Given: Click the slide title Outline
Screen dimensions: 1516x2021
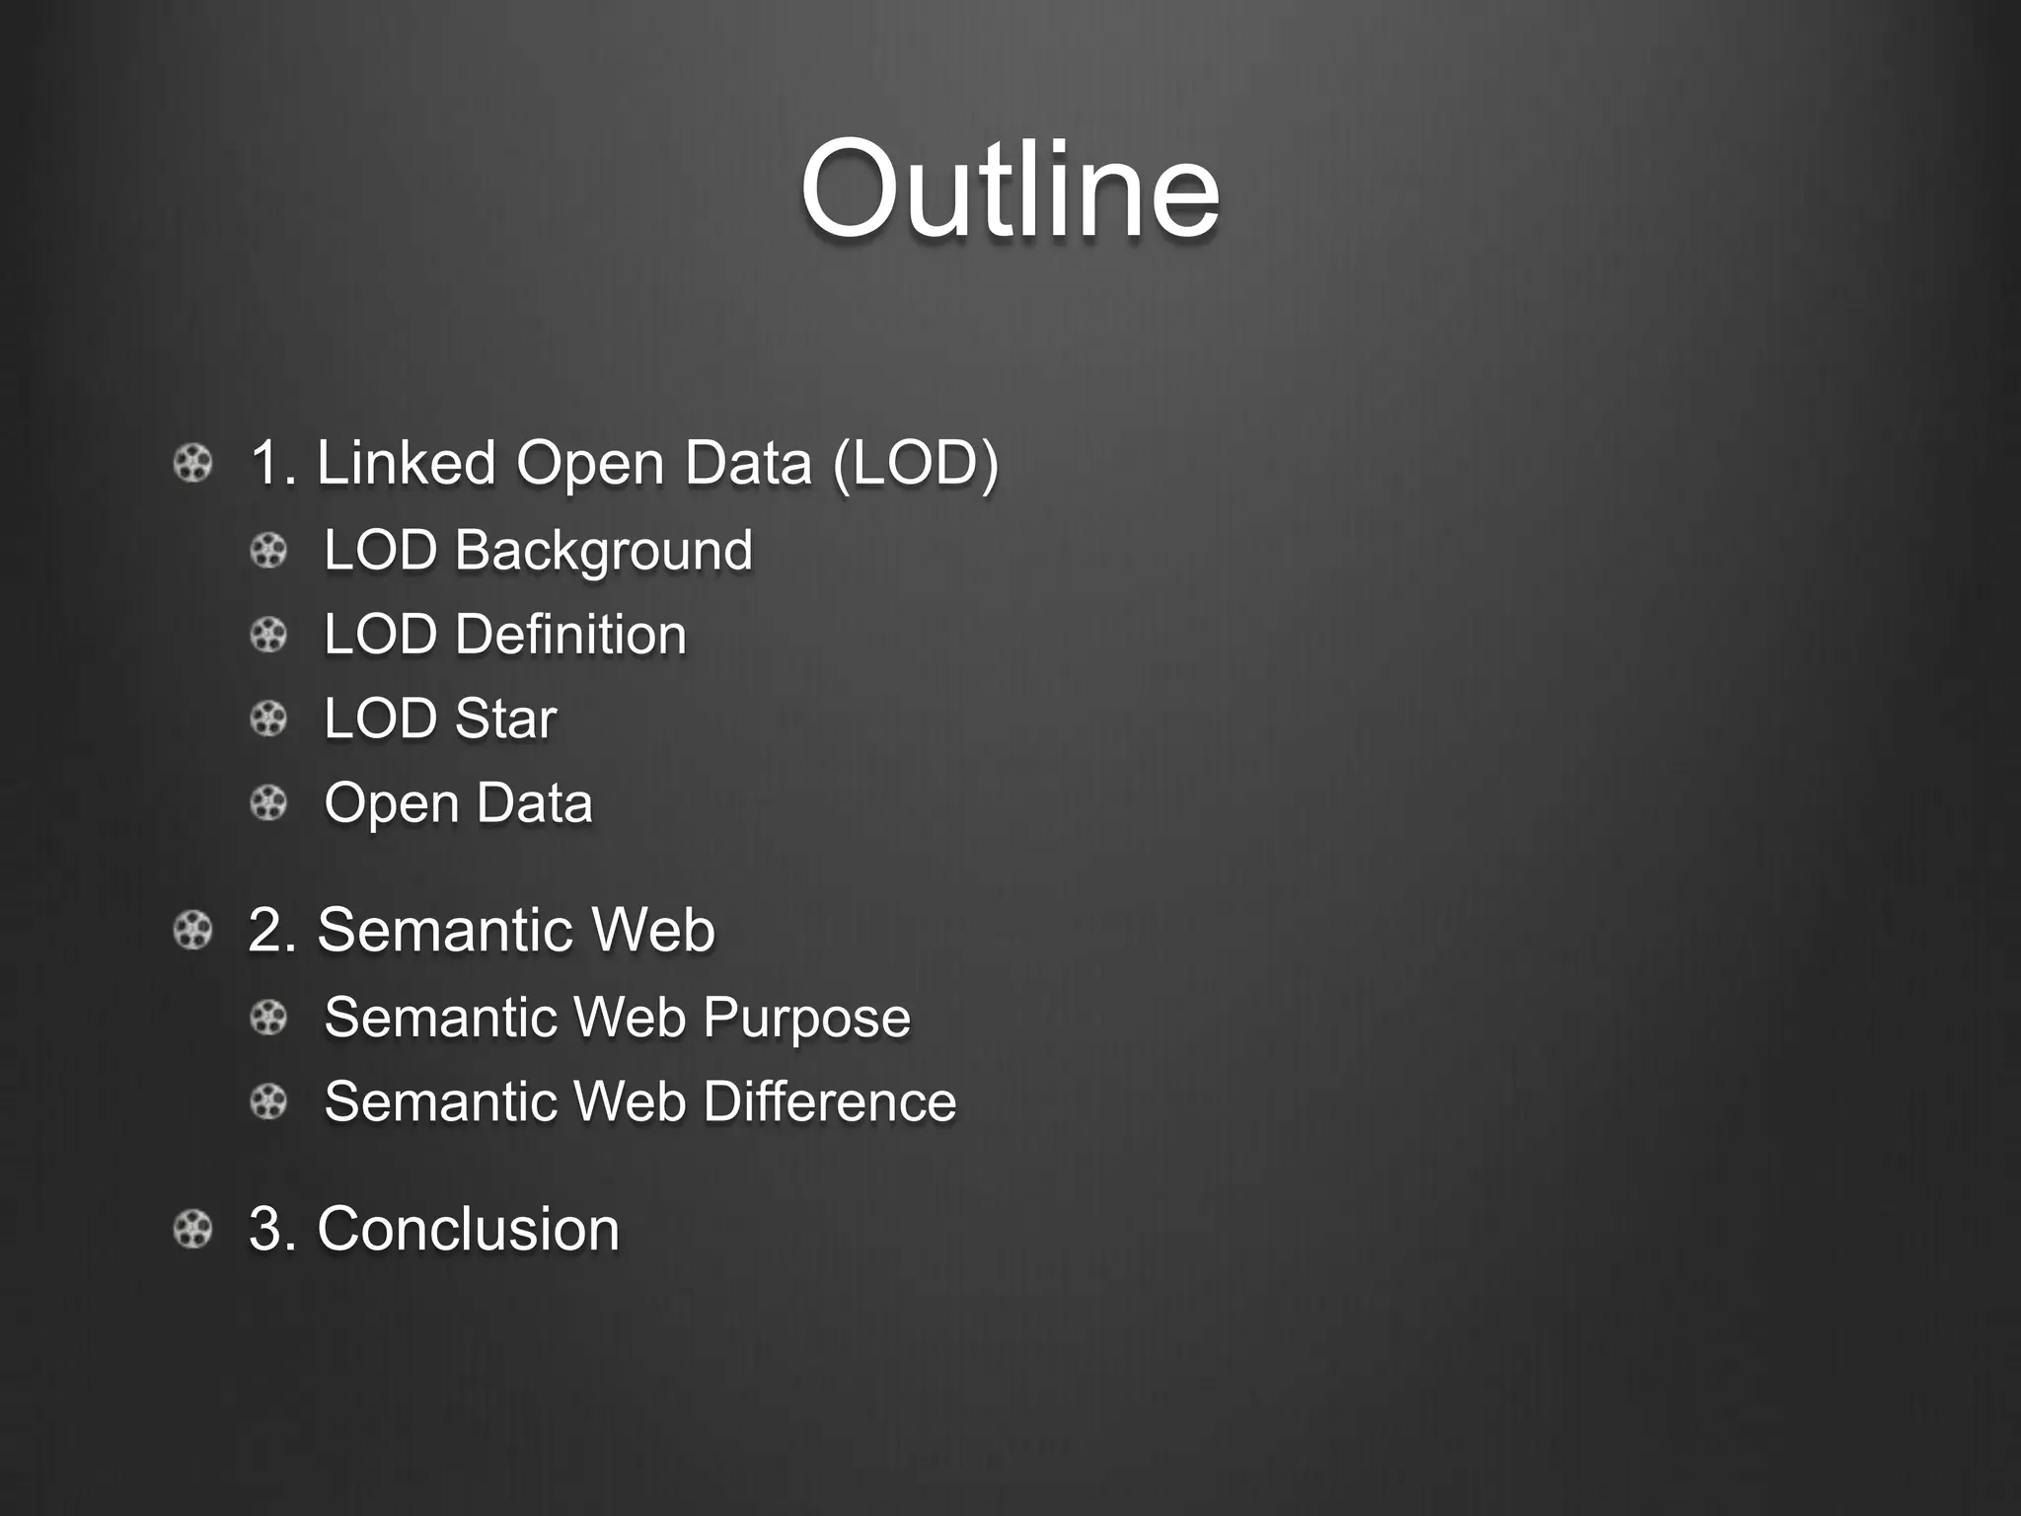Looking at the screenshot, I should click(x=1010, y=189).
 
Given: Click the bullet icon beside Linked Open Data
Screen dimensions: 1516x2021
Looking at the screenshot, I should click(x=192, y=463).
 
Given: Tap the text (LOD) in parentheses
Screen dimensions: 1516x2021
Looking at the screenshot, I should click(x=916, y=463).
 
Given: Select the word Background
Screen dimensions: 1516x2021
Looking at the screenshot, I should click(x=603, y=550).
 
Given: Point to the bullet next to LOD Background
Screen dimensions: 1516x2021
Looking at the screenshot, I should click(x=268, y=550).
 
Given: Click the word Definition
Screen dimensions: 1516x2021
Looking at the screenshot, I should click(x=570, y=634).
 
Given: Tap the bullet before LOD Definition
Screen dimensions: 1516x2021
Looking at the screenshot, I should click(x=268, y=634).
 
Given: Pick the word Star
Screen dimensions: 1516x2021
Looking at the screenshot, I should click(x=505, y=718).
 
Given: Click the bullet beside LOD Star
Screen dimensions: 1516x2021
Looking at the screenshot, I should click(x=268, y=719).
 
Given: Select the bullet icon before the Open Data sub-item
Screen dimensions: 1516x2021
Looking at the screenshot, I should click(x=268, y=802).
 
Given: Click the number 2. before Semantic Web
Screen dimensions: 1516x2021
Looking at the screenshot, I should click(x=272, y=930).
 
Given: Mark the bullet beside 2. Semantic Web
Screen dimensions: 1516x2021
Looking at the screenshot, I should click(x=192, y=930).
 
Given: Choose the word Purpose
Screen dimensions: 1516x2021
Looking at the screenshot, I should click(x=806, y=1018).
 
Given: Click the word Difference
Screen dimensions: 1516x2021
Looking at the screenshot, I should click(x=829, y=1101).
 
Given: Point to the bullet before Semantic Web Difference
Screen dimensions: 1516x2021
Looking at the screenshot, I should click(x=268, y=1101).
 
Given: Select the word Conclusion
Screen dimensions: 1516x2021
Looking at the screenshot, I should click(x=468, y=1229).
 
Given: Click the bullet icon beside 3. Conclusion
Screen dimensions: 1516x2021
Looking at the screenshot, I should click(x=192, y=1230).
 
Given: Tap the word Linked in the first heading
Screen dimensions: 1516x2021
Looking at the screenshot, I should click(x=406, y=463).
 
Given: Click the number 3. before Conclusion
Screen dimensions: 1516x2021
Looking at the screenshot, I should click(x=272, y=1229).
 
